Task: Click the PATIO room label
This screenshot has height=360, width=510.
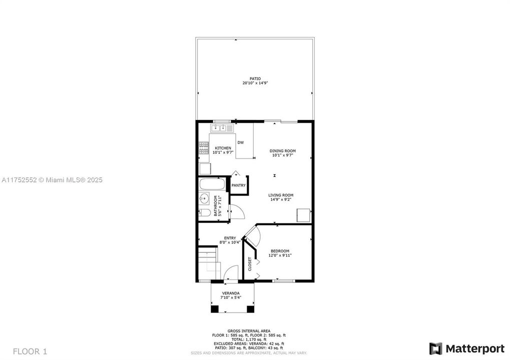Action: pyautogui.click(x=255, y=78)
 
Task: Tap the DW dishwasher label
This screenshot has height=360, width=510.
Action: pyautogui.click(x=241, y=142)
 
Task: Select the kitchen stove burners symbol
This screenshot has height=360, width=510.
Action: pyautogui.click(x=204, y=147)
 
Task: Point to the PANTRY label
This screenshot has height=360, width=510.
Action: pyautogui.click(x=238, y=185)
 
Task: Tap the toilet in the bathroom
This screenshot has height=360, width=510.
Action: pyautogui.click(x=205, y=213)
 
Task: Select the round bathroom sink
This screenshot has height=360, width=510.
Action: pyautogui.click(x=204, y=199)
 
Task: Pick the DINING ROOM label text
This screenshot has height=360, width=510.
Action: pyautogui.click(x=283, y=150)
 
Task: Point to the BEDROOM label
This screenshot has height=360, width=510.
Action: pyautogui.click(x=280, y=251)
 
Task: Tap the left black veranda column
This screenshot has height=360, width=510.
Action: pyautogui.click(x=214, y=308)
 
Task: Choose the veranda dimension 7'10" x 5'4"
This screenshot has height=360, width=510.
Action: pyautogui.click(x=231, y=297)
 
